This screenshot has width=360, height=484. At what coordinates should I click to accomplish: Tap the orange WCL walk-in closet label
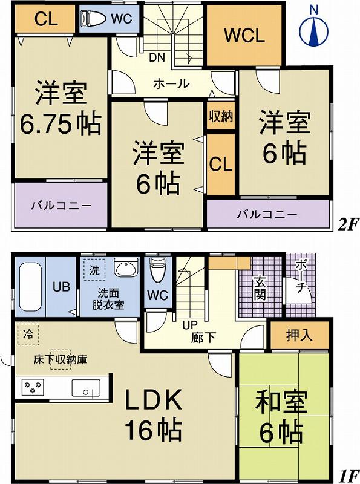coord(244,35)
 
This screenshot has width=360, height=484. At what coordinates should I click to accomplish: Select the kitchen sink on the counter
coord(85,387)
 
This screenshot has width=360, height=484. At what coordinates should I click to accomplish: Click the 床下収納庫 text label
coord(60,359)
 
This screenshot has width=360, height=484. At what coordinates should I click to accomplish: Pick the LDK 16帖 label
coord(153,414)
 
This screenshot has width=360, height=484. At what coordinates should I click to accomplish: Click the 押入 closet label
coord(299,335)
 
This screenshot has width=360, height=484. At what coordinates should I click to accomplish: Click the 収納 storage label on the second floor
coord(221,116)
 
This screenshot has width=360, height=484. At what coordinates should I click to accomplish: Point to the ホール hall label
coord(171,84)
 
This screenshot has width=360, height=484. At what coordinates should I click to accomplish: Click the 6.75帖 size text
coord(61,123)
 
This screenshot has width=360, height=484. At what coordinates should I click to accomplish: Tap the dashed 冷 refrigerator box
coord(28,334)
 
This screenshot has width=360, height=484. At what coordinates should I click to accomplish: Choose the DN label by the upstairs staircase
coord(157,58)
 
